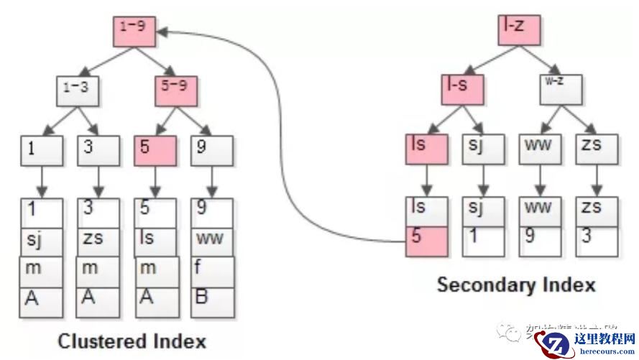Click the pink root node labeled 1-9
[134, 31]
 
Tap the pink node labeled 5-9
[176, 91]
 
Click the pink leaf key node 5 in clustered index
[155, 150]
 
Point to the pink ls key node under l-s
[427, 150]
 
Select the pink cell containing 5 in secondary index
[427, 242]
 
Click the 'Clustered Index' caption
[132, 340]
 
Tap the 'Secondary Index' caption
[516, 285]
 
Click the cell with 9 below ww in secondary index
[540, 242]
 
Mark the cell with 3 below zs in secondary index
[597, 242]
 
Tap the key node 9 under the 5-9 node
[213, 150]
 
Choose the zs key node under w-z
[597, 150]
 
